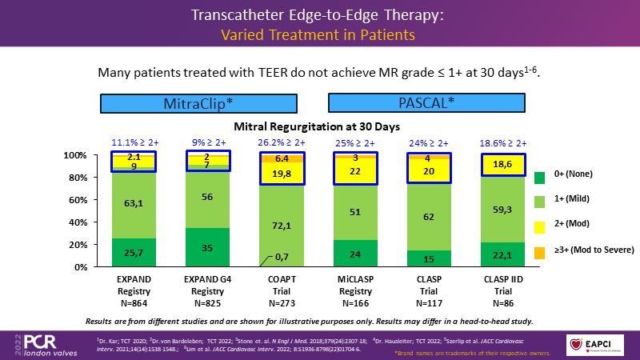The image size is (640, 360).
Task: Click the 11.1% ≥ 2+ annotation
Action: click(x=134, y=143)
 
